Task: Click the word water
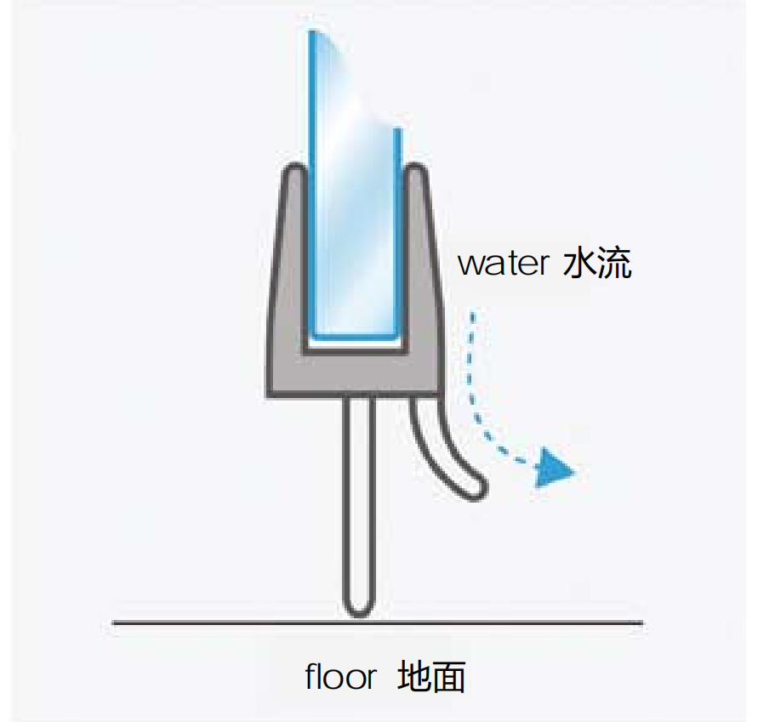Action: pos(503,264)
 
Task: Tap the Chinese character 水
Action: pos(581,264)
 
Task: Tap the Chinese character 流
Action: pos(615,264)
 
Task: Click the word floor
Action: pos(340,678)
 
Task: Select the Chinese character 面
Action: pos(449,678)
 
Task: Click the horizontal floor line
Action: pos(213,623)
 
